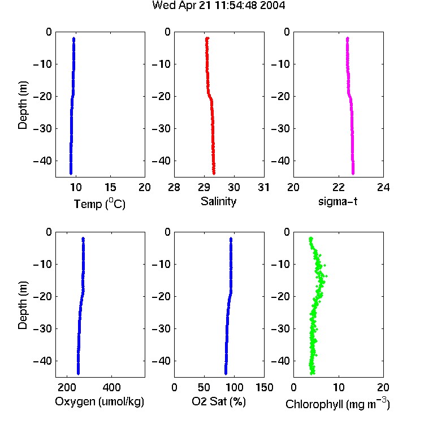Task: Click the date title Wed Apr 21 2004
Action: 218,6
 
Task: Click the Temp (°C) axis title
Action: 99,204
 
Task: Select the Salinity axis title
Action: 218,201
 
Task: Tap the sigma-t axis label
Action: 338,201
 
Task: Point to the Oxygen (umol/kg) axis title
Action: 99,401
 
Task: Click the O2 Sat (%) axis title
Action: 219,401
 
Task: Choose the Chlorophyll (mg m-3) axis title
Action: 338,404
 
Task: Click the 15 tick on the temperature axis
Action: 110,187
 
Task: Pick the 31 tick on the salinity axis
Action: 263,187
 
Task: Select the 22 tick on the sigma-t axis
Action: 338,187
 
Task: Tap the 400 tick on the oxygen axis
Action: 111,387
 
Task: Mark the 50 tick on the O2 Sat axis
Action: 204,387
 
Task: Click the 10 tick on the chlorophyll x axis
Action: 338,387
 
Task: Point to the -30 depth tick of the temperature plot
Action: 42,128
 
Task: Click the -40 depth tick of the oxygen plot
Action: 42,361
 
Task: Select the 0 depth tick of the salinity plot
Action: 168,32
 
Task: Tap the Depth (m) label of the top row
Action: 23,105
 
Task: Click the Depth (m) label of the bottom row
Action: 23,305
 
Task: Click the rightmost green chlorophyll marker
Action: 326,276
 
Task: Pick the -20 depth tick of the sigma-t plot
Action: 280,96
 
